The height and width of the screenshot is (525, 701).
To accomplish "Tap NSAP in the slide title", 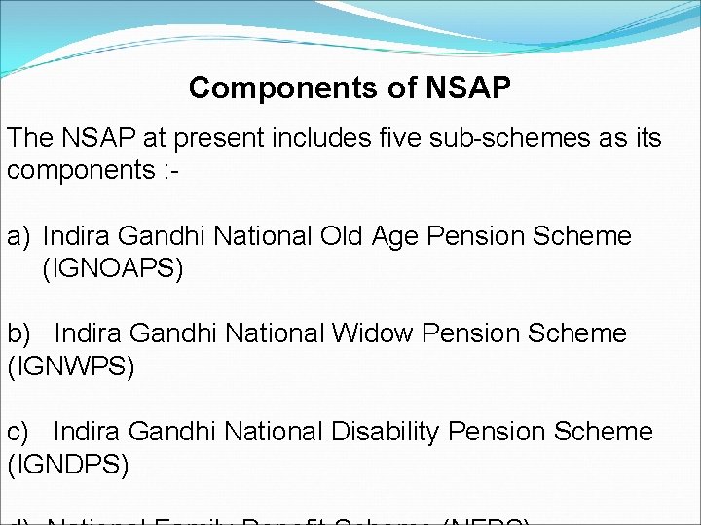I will point(467,88).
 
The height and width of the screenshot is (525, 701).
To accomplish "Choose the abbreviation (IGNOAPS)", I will point(113,269).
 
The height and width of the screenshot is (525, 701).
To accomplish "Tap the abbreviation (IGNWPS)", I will point(71,367).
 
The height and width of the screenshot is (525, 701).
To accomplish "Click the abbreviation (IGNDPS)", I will point(68,465).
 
